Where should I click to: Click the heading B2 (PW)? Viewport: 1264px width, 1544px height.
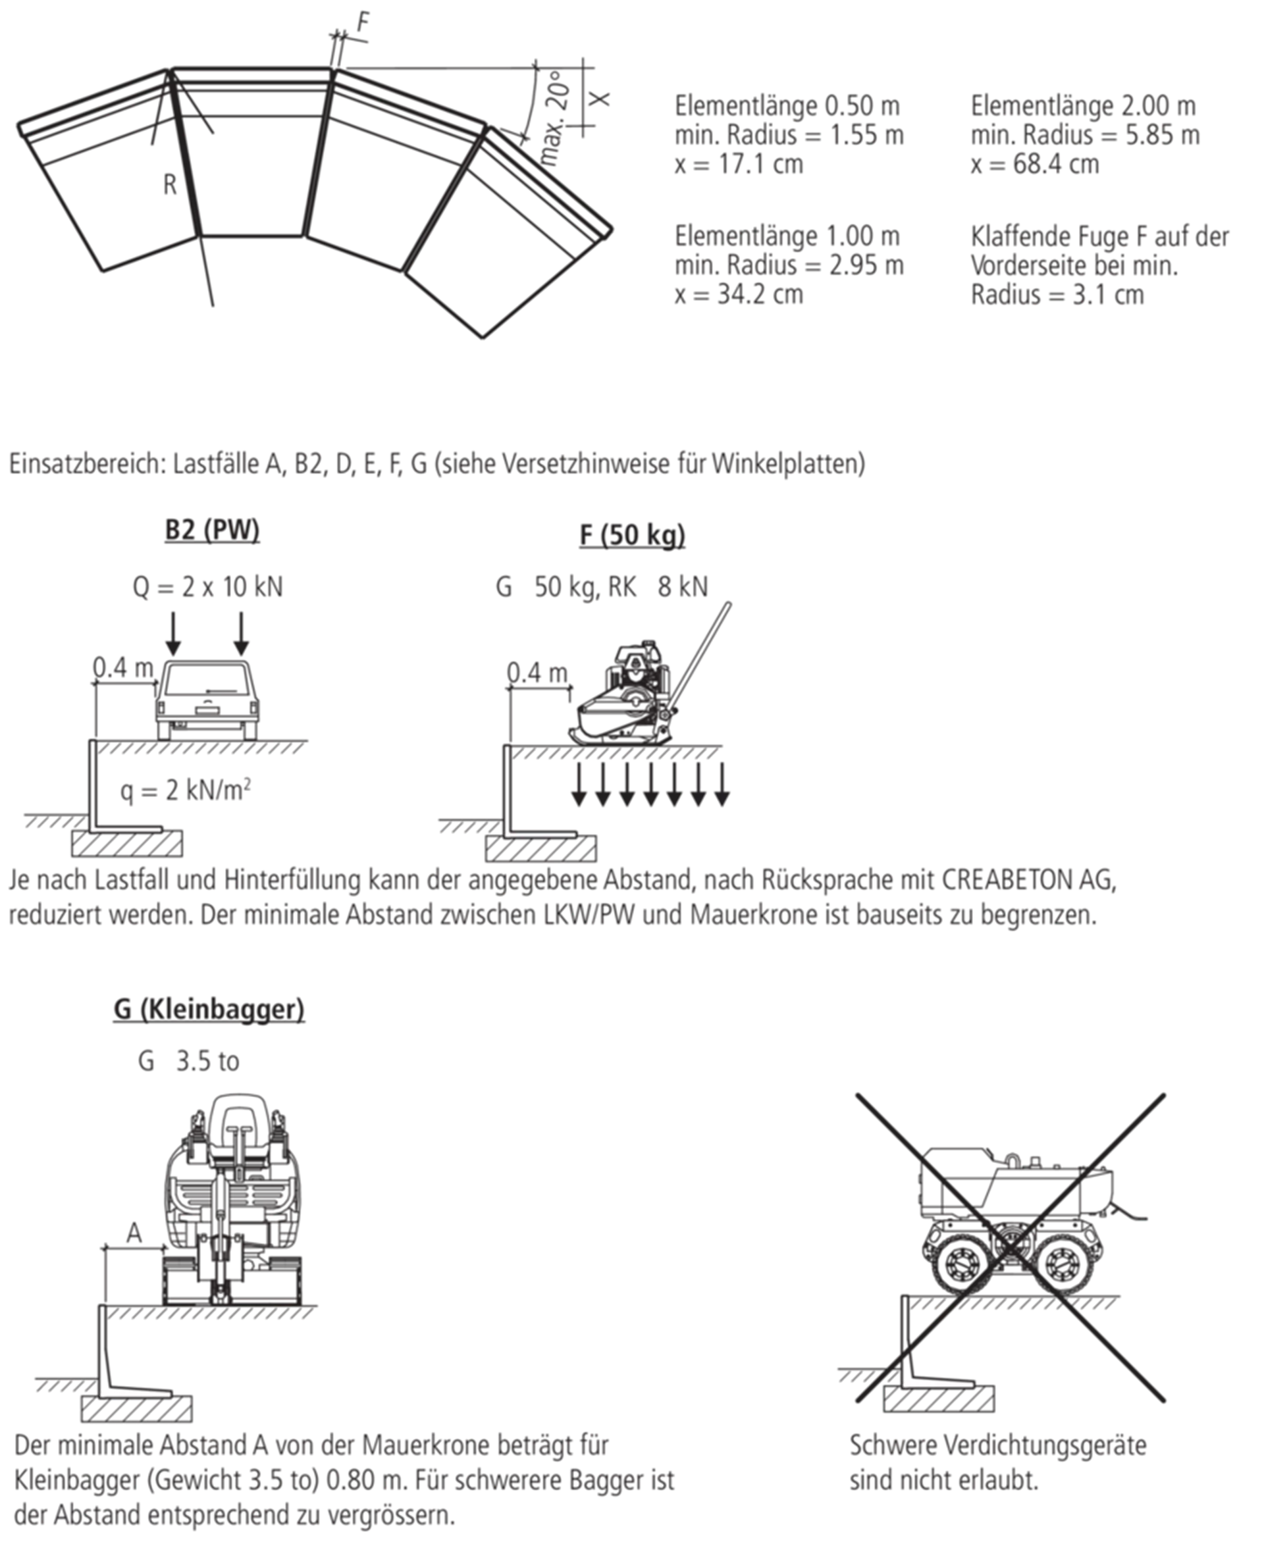coord(212,530)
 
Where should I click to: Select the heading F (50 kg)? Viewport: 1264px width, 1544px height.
coord(632,536)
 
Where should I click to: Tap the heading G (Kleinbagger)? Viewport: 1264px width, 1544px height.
coord(208,1009)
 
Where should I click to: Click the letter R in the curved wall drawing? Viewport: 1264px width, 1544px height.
coord(170,185)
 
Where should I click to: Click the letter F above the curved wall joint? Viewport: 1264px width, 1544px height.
coord(363,23)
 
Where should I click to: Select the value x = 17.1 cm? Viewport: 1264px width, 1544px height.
coord(738,164)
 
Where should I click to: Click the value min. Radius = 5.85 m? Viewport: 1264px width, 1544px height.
coord(1085,135)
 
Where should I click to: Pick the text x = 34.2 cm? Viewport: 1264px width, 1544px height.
coord(738,295)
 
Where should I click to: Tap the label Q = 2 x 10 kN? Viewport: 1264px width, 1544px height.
coord(207,587)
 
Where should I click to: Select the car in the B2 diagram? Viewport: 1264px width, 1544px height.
coord(207,700)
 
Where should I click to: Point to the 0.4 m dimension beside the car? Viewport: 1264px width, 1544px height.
coord(123,667)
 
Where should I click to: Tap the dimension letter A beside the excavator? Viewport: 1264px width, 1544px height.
coord(134,1233)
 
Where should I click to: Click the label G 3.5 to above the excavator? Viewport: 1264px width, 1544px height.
coord(188,1062)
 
